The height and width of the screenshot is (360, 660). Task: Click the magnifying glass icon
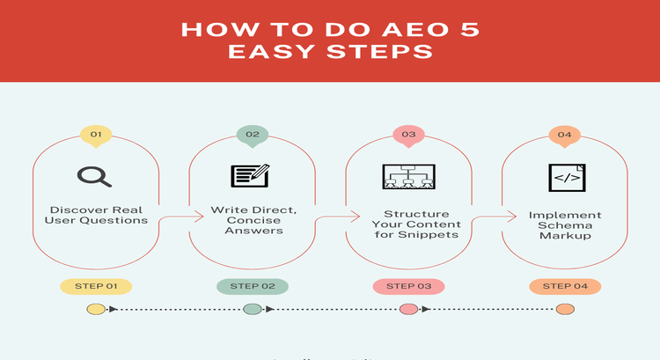(94, 176)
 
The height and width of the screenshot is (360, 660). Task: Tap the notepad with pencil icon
(251, 176)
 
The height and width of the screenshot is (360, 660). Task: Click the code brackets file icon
(564, 176)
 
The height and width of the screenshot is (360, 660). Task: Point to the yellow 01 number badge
(96, 135)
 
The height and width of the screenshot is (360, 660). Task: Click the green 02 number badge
(253, 135)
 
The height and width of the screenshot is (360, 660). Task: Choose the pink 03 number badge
(408, 135)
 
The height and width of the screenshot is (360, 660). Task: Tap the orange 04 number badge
(565, 135)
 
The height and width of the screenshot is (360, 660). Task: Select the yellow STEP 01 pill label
(96, 286)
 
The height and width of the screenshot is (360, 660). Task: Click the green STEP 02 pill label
(253, 286)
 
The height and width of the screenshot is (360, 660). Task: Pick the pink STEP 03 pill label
(408, 286)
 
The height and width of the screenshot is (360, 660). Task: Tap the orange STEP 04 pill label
(565, 286)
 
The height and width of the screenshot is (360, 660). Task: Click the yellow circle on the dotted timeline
(95, 309)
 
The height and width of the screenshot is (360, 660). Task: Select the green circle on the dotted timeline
(253, 309)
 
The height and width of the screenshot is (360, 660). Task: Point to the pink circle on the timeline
(408, 309)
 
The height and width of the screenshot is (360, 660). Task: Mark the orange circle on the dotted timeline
(565, 309)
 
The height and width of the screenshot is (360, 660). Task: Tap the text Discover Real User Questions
(96, 214)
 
